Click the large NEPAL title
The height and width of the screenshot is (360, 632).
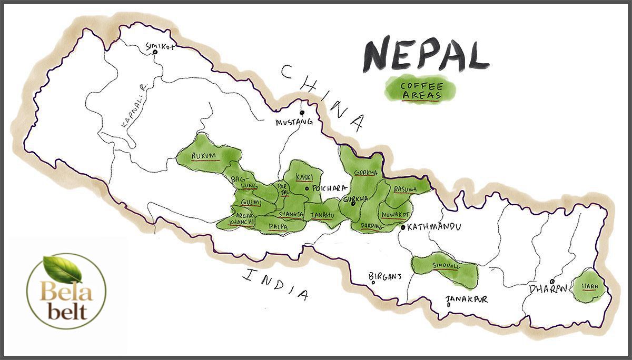coord(426,54)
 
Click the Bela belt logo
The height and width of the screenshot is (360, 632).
coord(66,291)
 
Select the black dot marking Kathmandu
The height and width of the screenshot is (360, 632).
coord(403,228)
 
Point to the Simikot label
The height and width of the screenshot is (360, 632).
coord(160,47)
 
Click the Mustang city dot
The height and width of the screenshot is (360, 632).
coord(302,112)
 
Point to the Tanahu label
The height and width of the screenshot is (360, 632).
coord(322,215)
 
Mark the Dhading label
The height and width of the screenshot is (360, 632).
coord(371,227)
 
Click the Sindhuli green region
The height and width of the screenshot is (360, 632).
coord(446,266)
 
